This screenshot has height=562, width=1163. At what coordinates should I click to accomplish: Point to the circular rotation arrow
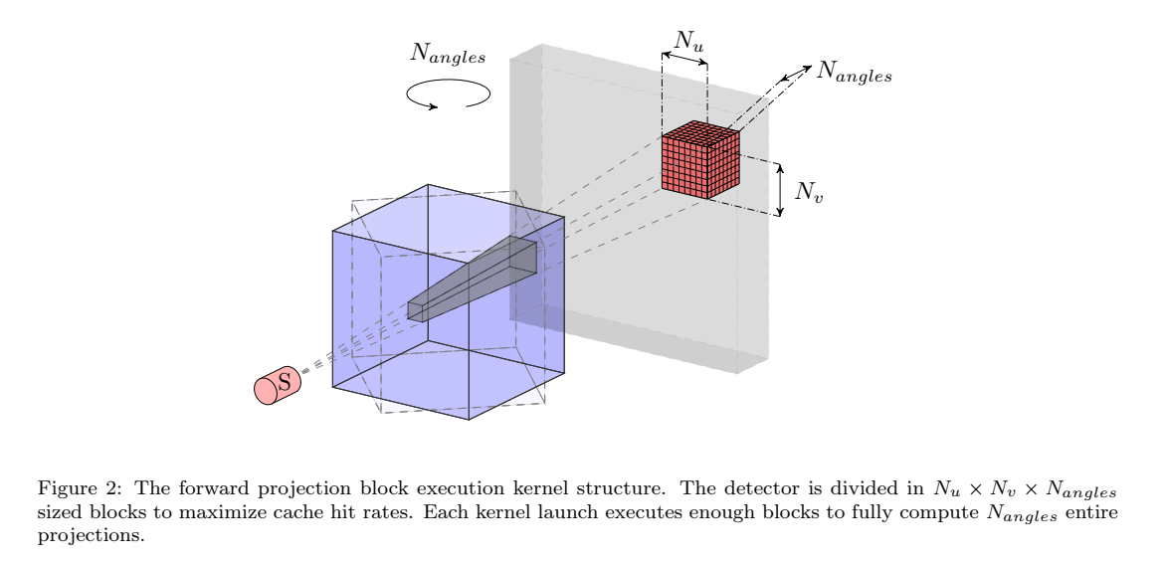point(449,94)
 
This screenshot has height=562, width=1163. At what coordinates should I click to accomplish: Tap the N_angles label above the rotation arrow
point(449,56)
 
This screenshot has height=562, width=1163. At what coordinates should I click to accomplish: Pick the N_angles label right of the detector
point(855,73)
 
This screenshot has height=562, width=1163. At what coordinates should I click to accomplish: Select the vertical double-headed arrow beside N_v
point(781,190)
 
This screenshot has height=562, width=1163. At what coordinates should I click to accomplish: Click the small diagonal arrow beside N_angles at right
point(796,73)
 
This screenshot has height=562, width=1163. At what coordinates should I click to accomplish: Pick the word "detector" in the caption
point(800,489)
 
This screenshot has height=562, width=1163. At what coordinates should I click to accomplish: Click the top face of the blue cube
point(448,214)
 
